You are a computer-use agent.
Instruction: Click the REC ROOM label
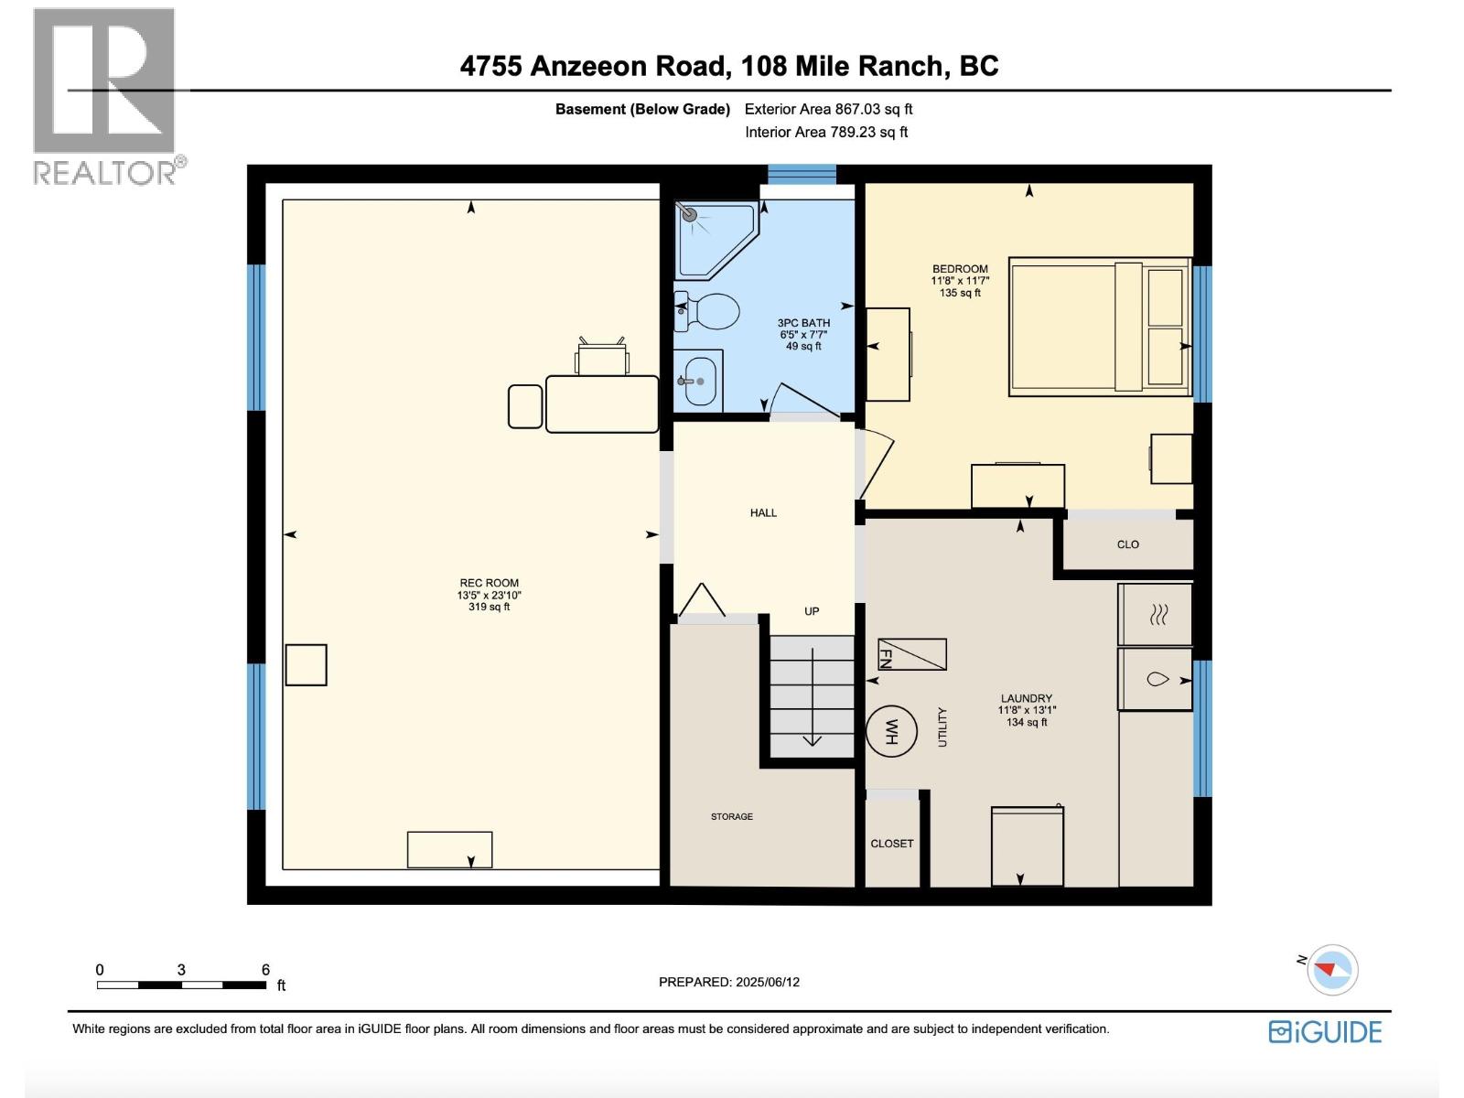[489, 583]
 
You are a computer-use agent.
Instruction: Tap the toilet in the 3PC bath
[707, 312]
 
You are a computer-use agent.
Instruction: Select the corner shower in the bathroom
[712, 238]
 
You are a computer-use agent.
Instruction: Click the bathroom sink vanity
[699, 380]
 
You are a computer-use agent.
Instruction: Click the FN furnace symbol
[911, 654]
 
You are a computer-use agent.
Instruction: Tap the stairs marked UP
[811, 695]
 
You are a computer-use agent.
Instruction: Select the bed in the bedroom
[1098, 328]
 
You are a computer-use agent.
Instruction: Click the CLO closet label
[1127, 544]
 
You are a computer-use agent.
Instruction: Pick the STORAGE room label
[732, 816]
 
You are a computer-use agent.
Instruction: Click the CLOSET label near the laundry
[891, 844]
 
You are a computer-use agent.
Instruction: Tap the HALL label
[763, 513]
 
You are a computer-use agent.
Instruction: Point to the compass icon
[1331, 970]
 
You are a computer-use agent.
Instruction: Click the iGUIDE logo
[1325, 1032]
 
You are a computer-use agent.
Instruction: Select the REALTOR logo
[105, 96]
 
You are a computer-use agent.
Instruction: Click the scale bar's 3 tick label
[181, 970]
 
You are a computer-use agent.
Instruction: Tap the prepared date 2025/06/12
[729, 982]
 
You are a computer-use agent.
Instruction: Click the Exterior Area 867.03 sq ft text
[828, 109]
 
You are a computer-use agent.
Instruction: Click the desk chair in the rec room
[602, 357]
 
